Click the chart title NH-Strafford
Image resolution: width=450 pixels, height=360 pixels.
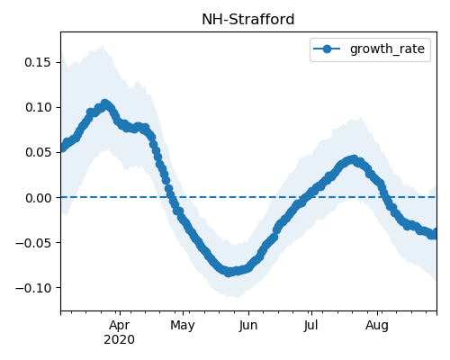pyautogui.click(x=248, y=20)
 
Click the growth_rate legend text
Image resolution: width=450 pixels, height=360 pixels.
pyautogui.click(x=387, y=49)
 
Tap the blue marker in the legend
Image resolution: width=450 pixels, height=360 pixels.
pyautogui.click(x=327, y=49)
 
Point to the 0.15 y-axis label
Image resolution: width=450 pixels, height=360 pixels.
pyautogui.click(x=38, y=62)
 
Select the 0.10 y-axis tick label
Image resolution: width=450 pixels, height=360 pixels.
pyautogui.click(x=38, y=107)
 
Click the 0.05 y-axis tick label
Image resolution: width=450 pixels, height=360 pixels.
pyautogui.click(x=38, y=152)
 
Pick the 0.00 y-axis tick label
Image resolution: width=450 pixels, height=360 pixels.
pyautogui.click(x=38, y=198)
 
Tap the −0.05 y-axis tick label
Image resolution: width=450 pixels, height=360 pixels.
pyautogui.click(x=33, y=243)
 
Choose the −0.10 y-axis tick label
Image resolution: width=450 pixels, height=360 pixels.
pyautogui.click(x=33, y=288)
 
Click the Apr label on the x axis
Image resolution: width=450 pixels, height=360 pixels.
pyautogui.click(x=120, y=326)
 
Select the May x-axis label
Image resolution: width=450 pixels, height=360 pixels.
pyautogui.click(x=183, y=326)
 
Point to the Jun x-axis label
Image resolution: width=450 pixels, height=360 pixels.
pyautogui.click(x=248, y=326)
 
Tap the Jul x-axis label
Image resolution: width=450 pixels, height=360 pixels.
pyautogui.click(x=310, y=326)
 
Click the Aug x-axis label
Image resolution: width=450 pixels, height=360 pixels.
pyautogui.click(x=377, y=326)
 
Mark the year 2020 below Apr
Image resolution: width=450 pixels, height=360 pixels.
pyautogui.click(x=119, y=340)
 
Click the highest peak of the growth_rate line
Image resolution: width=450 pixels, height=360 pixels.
pyautogui.click(x=104, y=103)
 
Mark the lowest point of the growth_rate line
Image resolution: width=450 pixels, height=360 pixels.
pyautogui.click(x=229, y=272)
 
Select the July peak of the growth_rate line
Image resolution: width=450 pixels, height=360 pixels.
pyautogui.click(x=354, y=159)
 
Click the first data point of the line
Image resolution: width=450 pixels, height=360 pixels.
pyautogui.click(x=62, y=148)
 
